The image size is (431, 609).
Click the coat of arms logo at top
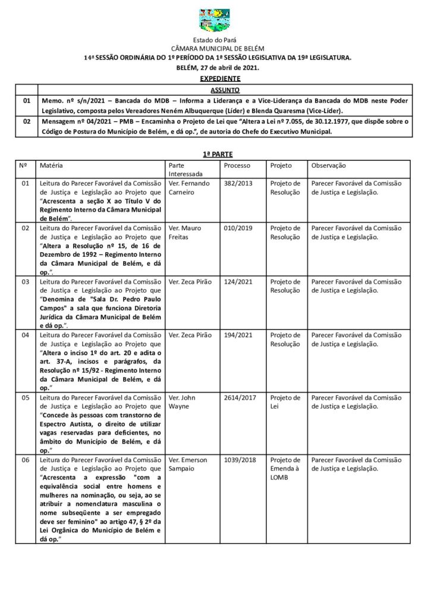[215, 20]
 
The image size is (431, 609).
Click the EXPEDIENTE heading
[220, 79]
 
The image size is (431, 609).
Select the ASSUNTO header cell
[225, 90]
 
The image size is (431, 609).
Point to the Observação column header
[328, 165]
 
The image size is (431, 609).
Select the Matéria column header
[51, 165]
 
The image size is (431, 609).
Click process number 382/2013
[238, 184]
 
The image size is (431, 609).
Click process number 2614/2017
[240, 397]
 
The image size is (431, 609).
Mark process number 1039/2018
[240, 460]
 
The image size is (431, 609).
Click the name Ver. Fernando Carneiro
[189, 188]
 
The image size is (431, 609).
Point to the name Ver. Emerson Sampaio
[188, 464]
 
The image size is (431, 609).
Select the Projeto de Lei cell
[285, 401]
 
